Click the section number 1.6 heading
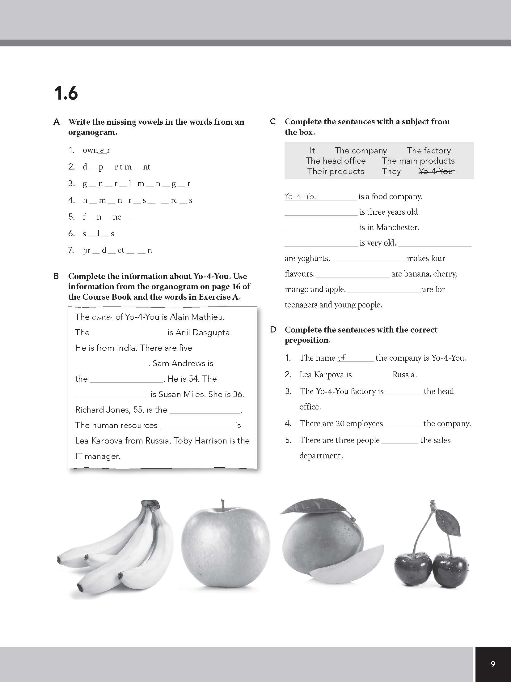click(66, 93)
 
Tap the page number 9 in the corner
click(493, 664)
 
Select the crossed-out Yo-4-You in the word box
click(436, 171)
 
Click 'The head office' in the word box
click(336, 161)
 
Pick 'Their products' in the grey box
click(336, 171)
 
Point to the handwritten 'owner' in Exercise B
click(103, 317)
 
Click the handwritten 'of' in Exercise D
click(341, 358)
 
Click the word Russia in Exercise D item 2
click(404, 375)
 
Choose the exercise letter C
click(273, 122)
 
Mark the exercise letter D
click(273, 330)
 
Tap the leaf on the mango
click(315, 508)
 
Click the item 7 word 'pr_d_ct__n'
click(117, 250)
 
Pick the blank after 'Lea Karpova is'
click(372, 375)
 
